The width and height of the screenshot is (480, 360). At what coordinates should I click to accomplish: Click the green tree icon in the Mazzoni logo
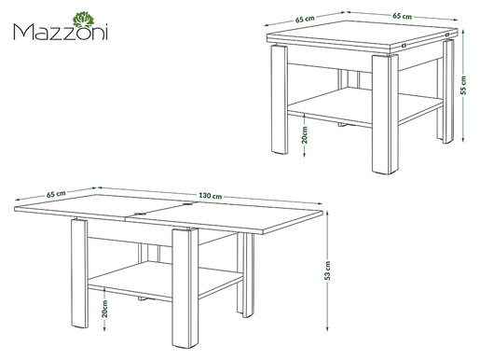83,20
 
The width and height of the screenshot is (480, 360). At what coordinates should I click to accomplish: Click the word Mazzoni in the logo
61,32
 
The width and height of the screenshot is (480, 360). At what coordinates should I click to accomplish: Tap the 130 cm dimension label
211,196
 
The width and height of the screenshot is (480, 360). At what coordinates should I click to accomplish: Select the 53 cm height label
327,270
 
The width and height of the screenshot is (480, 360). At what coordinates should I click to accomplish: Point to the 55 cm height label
463,85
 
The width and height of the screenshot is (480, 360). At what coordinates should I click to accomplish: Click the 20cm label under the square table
305,134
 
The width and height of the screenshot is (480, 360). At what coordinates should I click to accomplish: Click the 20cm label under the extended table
104,309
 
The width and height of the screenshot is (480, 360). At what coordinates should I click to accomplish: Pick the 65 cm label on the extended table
56,194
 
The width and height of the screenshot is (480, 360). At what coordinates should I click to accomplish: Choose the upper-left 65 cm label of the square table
305,19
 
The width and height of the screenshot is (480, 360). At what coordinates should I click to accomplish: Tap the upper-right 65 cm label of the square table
402,16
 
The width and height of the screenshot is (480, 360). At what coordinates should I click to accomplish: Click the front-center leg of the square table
385,114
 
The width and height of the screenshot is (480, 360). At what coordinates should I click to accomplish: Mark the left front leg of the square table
280,100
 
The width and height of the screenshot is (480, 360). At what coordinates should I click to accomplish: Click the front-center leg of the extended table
185,288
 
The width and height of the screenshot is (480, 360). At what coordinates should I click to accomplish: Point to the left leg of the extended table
79,273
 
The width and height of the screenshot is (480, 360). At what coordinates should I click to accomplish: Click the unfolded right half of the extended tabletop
226,217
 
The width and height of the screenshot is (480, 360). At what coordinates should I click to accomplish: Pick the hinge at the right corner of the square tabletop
447,35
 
